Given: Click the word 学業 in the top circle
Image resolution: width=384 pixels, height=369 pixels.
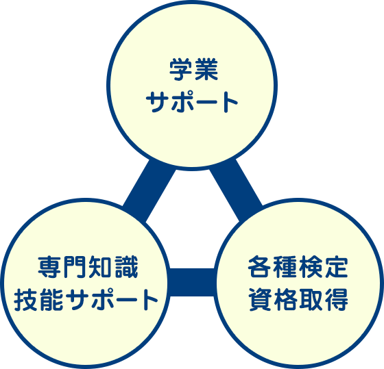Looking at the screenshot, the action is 193,69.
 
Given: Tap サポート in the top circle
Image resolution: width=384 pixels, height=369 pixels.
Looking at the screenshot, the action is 192,102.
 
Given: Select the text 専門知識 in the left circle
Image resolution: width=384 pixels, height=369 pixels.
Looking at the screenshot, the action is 88,267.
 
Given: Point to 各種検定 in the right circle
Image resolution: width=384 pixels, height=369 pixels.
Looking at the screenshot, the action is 298,266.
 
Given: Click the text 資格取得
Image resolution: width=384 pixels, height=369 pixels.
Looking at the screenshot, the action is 298,300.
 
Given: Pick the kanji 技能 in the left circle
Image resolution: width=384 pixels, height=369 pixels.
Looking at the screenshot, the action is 38,300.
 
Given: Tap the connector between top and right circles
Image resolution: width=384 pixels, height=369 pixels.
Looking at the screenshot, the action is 236,190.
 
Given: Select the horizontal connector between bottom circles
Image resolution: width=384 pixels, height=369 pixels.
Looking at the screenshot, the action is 192,283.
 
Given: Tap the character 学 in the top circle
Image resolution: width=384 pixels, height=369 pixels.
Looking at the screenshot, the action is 181,69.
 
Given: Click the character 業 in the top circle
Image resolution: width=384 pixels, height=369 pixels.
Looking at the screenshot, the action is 206,69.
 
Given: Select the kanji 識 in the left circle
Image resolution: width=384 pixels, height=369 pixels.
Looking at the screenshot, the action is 126,267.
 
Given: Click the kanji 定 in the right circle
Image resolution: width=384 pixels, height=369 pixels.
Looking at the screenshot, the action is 337,266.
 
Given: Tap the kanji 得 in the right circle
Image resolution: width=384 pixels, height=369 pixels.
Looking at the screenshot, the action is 337,300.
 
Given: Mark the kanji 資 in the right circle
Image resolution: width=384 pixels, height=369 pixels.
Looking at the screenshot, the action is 260,300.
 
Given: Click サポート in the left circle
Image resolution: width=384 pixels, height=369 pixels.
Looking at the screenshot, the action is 112,300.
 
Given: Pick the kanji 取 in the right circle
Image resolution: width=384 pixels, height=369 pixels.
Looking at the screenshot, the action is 311,300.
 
